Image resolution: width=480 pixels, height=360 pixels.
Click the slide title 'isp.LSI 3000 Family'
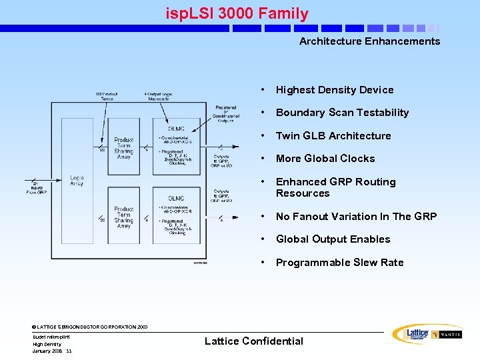coord(237,13)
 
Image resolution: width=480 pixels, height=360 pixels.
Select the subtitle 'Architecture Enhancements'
coord(369,41)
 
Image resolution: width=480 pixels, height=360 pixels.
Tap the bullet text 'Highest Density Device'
coord(335,90)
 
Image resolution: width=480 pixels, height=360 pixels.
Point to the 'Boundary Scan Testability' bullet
coord(342,113)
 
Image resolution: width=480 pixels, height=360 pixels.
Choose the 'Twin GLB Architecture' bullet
coord(333,136)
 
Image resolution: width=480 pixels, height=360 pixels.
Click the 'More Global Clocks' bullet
coord(325,159)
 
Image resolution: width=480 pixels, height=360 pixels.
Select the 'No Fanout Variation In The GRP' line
coord(356,217)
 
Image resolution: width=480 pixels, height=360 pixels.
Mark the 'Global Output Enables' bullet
coord(333,239)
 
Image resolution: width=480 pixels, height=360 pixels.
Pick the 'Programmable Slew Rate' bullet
coord(339,263)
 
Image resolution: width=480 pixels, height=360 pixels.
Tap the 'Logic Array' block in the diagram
coord(77,181)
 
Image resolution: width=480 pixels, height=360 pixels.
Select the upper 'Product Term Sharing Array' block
coord(123,148)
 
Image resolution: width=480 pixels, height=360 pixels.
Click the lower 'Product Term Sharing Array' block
coord(123,217)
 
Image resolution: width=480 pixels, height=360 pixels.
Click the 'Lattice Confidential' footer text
coord(253,341)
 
